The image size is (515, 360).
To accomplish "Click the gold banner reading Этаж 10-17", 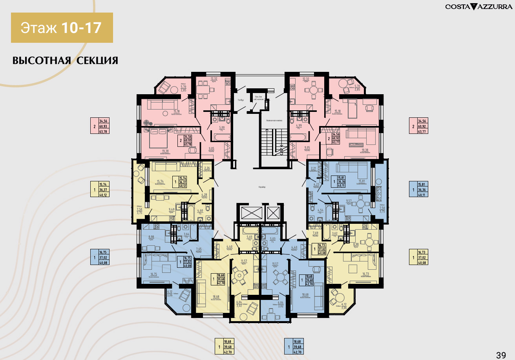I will coord(62,28).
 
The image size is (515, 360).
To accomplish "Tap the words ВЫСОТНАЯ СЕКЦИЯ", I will coord(65,60).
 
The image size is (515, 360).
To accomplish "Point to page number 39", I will coord(501,355).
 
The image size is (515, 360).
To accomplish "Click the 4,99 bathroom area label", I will coord(299,126).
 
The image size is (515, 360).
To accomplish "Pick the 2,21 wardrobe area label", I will coord(314,169).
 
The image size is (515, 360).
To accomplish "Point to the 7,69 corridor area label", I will coord(315,233).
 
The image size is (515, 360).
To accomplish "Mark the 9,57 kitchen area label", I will coord(349,201).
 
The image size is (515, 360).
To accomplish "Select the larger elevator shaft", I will coord(249,213).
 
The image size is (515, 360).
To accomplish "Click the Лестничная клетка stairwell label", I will coord(274,121).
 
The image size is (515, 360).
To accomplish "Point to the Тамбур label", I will coord(241,100).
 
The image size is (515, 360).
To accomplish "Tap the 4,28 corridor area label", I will coord(204,194).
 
